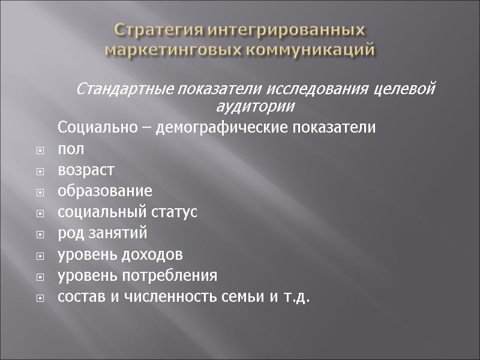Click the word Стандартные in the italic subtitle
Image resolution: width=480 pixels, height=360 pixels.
tap(124, 90)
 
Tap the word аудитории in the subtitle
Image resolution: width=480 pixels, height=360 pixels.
tap(255, 107)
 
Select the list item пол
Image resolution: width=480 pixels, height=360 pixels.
tap(71, 149)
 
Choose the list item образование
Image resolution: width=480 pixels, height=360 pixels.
tap(105, 191)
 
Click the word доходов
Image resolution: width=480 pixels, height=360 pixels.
tap(153, 254)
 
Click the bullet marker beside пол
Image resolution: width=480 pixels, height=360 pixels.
tap(40, 150)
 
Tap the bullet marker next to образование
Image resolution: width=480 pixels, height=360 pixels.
tap(40, 192)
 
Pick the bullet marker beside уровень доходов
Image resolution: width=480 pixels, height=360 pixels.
tap(40, 255)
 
